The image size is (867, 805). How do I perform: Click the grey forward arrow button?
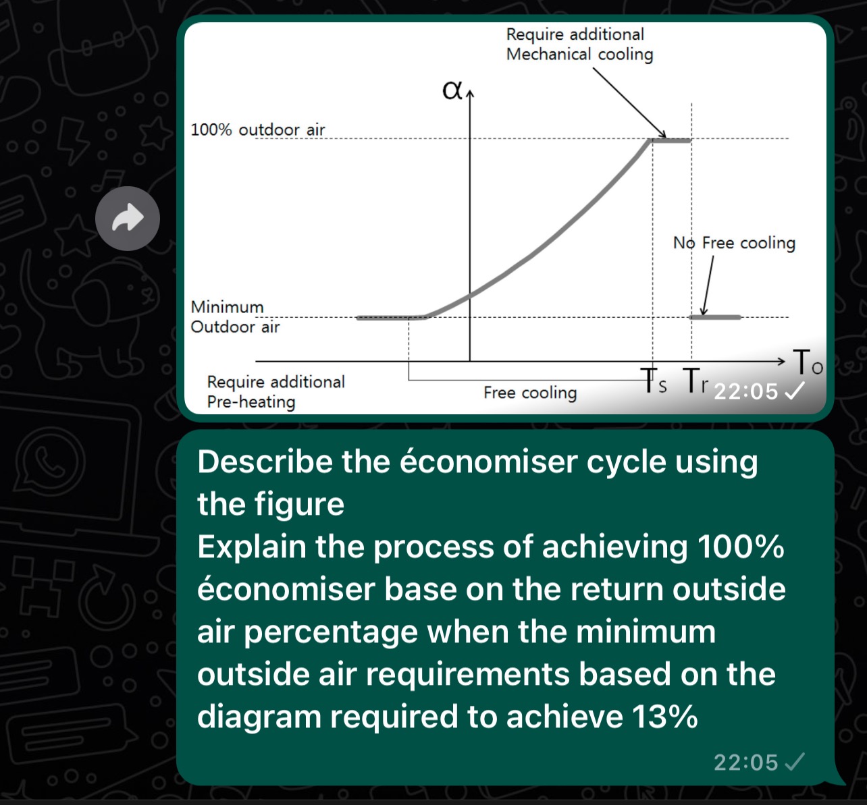[x=128, y=219]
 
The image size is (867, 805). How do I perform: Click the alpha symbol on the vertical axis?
[x=452, y=90]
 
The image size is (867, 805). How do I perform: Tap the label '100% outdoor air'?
[x=257, y=130]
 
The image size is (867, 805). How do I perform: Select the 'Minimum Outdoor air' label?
[x=234, y=316]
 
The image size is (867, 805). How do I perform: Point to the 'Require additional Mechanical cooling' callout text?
[x=579, y=44]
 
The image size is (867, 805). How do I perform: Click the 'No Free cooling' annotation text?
[x=734, y=243]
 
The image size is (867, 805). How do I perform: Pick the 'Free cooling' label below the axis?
[x=530, y=393]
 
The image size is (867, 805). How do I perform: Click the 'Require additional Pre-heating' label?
[x=275, y=391]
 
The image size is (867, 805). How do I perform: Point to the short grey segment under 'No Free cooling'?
[x=715, y=316]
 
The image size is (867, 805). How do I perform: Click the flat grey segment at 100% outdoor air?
[x=671, y=140]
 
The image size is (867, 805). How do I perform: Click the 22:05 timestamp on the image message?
[x=745, y=391]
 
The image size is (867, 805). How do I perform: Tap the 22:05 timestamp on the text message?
[x=745, y=762]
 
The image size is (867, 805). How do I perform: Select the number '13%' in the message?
[x=664, y=717]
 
